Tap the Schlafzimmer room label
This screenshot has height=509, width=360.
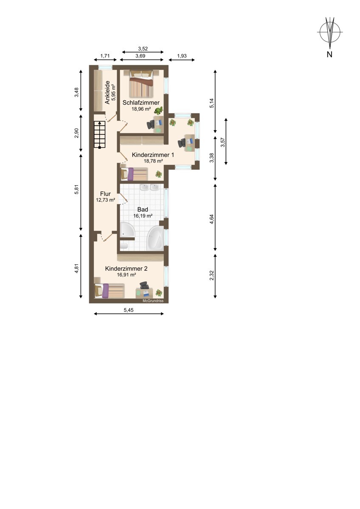point(141,103)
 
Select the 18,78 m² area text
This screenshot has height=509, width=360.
point(153,161)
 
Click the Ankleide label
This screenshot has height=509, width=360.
point(107,92)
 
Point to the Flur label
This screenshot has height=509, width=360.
point(105,194)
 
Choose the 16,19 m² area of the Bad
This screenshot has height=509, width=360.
point(143,216)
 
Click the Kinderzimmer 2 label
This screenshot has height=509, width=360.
point(126,268)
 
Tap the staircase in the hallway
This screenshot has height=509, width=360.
point(100,134)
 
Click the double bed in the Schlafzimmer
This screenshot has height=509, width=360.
point(141,84)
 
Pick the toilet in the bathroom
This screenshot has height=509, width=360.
point(124,246)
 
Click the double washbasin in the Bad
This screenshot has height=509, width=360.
point(149,187)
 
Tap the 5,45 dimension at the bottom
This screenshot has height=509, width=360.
point(129,310)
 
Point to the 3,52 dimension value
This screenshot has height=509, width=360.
point(143,48)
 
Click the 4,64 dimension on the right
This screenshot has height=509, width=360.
point(212,219)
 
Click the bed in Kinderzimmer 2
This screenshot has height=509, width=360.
point(109,291)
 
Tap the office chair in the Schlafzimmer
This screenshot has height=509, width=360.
point(151,125)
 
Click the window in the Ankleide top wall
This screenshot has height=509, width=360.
point(105,67)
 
